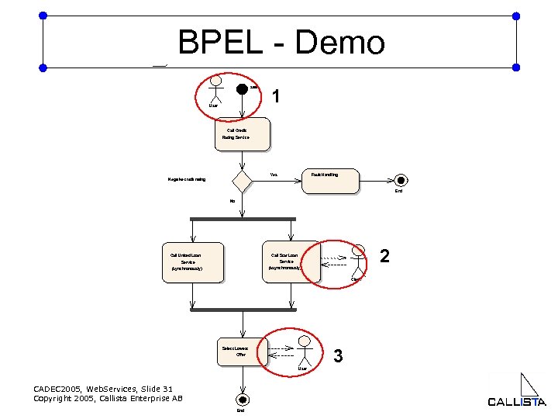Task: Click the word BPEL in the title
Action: pos(219,43)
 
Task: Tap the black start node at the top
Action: pos(243,88)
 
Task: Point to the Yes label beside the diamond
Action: pos(274,175)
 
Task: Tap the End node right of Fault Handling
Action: pos(398,179)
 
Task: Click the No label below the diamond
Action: pos(232,202)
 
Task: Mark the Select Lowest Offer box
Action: pos(241,351)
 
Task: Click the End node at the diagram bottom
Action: pos(243,400)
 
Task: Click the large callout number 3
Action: pos(337,356)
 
